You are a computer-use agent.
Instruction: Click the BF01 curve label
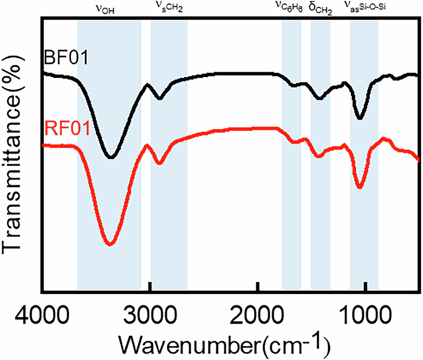click(x=66, y=57)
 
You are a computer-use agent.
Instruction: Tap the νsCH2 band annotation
click(x=168, y=8)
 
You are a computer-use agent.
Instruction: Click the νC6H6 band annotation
click(x=289, y=8)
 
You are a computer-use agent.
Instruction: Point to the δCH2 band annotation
click(x=320, y=8)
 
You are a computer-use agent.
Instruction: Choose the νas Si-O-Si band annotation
click(x=364, y=8)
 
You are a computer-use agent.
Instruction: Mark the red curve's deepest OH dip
click(x=110, y=244)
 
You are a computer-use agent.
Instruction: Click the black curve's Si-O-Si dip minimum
click(x=360, y=118)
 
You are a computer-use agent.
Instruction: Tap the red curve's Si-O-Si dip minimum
click(x=360, y=188)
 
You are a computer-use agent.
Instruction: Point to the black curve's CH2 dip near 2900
click(x=159, y=99)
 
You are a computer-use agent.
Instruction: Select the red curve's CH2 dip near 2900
click(x=159, y=163)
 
